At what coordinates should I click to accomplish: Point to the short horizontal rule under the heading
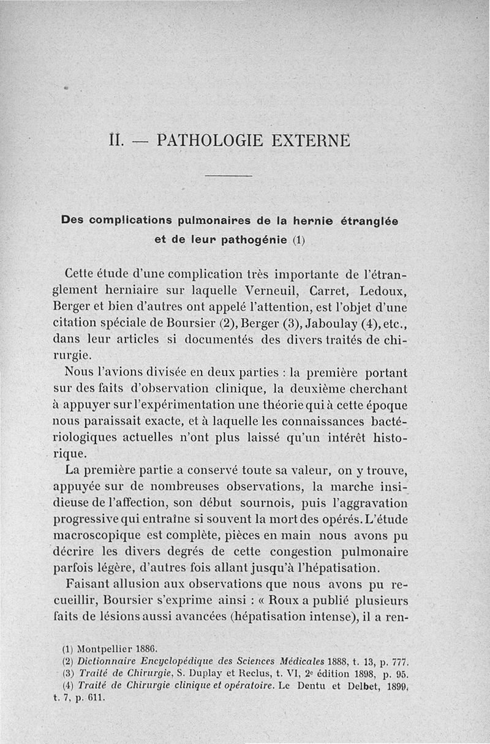pyautogui.click(x=228, y=176)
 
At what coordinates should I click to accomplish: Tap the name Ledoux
pyautogui.click(x=380, y=288)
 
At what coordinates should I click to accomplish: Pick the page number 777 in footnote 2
pyautogui.click(x=399, y=661)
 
